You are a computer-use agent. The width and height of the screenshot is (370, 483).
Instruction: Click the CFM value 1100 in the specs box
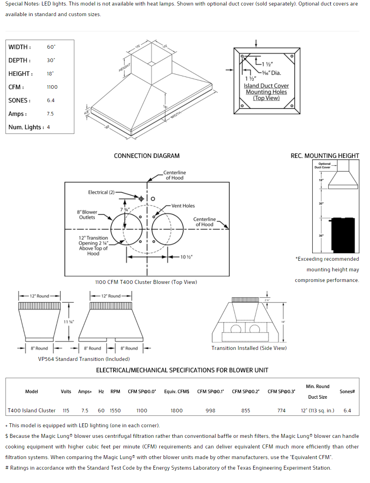click(52, 87)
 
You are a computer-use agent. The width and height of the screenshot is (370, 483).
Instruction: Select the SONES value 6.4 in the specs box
click(51, 101)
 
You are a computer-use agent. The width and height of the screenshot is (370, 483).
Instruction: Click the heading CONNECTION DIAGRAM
click(147, 156)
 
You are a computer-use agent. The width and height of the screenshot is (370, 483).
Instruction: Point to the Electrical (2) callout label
click(101, 192)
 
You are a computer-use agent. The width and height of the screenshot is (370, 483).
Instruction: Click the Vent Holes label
click(183, 206)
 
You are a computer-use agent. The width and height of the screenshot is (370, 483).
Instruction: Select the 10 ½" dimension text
click(186, 257)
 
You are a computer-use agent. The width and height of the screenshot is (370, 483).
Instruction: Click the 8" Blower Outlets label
click(87, 215)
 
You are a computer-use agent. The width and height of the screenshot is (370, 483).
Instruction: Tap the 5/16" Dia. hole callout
click(271, 73)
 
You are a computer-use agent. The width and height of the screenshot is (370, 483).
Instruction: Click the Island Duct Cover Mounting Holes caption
click(266, 92)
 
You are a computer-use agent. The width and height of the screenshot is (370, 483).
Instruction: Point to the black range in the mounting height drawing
click(345, 235)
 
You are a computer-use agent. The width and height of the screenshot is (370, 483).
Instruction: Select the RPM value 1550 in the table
click(115, 411)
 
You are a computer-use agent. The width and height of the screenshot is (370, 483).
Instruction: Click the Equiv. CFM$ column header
click(177, 392)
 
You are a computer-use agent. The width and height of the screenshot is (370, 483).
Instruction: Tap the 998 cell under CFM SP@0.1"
click(210, 411)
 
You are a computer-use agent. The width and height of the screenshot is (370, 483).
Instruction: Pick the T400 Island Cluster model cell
click(31, 411)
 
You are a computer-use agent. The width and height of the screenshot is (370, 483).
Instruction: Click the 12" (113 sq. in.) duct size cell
click(317, 411)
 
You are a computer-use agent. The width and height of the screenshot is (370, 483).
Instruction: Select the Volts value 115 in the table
click(66, 411)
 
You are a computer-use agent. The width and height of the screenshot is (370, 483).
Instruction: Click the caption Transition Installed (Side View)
click(249, 348)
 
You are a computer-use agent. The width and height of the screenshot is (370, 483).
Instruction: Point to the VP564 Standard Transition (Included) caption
click(84, 359)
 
